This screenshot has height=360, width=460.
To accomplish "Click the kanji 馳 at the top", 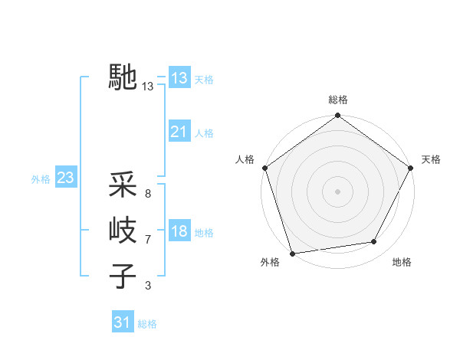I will click(123, 78).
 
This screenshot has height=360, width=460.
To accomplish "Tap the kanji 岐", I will click(123, 230).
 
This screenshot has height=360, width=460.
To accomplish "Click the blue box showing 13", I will click(179, 78).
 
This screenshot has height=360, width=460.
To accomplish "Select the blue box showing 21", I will click(179, 132).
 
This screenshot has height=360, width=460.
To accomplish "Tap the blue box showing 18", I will click(179, 232).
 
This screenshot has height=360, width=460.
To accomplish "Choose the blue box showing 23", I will click(65, 178).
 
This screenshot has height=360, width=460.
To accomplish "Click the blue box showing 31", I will click(123, 322).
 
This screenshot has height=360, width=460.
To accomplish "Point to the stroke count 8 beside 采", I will click(148, 194).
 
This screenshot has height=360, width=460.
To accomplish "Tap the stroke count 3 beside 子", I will click(148, 286).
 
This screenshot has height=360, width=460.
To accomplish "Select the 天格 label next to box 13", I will click(204, 79).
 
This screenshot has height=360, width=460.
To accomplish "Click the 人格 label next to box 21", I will click(204, 133).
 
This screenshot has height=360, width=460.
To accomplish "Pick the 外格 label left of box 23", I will click(41, 179).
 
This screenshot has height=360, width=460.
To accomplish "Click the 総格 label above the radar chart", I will click(338, 100).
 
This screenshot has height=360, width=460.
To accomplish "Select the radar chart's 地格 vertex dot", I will click(374, 242).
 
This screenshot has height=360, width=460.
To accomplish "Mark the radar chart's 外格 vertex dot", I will click(292, 254).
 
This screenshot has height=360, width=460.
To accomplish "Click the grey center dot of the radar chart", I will click(338, 191).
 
